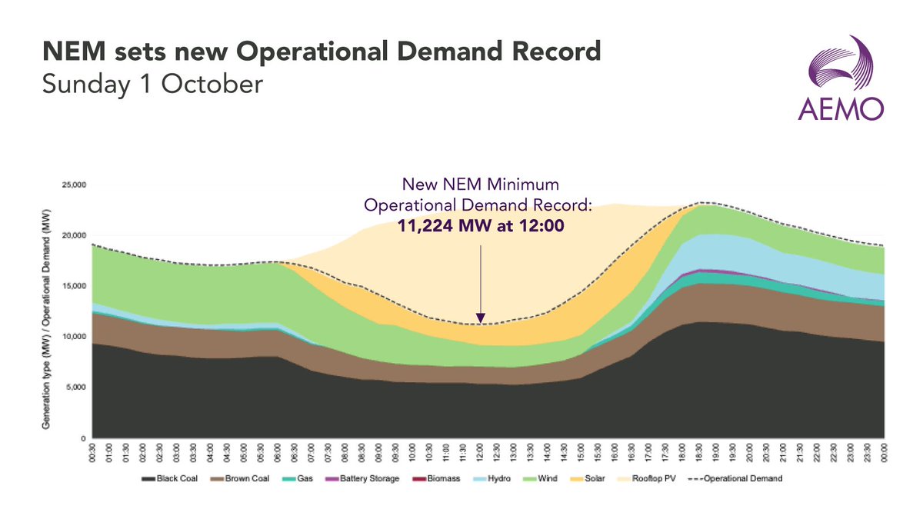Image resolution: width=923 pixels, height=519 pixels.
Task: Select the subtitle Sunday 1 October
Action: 152,84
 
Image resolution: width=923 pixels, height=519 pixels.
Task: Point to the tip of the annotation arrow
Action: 481,322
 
